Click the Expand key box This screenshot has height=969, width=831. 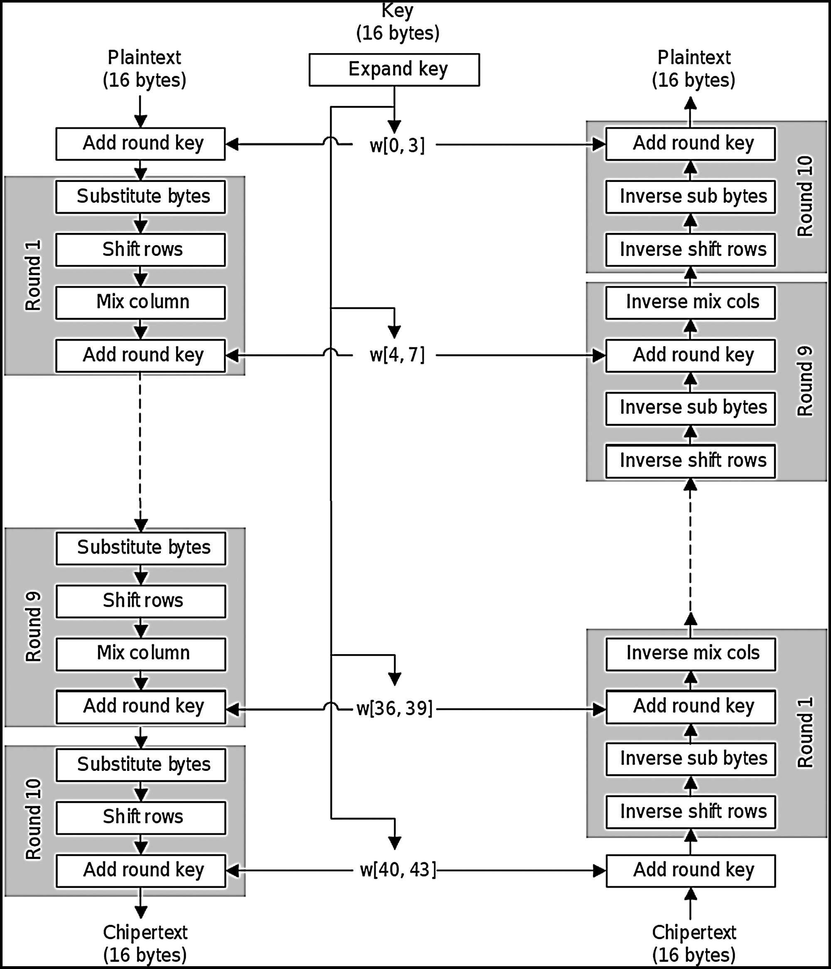pyautogui.click(x=394, y=70)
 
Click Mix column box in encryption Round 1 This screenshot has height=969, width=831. pyautogui.click(x=140, y=302)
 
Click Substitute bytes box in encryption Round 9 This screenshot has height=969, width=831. pyautogui.click(x=141, y=548)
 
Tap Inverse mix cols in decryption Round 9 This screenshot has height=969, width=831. pyautogui.click(x=690, y=302)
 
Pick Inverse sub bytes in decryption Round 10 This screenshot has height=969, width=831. pyautogui.click(x=690, y=197)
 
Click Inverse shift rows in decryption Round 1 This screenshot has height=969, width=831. pyautogui.click(x=691, y=812)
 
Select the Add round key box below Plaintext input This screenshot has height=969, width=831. pyautogui.click(x=140, y=144)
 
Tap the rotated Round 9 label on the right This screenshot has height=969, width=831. pyautogui.click(x=805, y=381)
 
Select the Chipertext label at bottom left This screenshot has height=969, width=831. pyautogui.click(x=145, y=943)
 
